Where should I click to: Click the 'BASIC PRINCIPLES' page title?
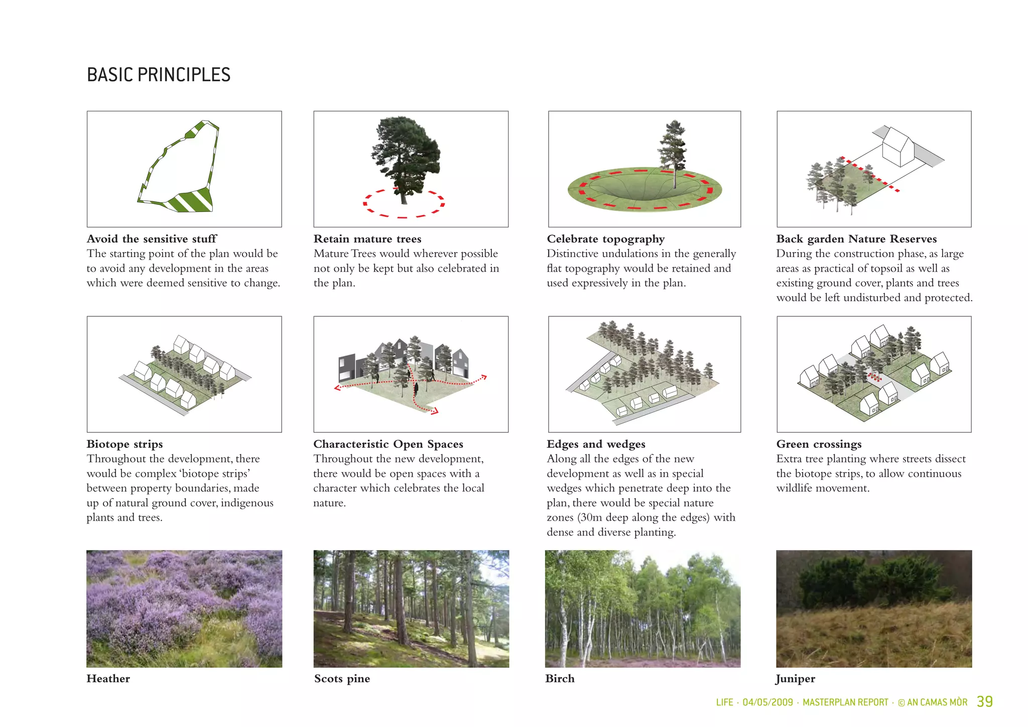point(159,75)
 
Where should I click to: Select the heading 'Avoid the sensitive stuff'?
point(152,239)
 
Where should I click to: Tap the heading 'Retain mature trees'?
point(367,239)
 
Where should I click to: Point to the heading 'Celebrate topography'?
point(605,239)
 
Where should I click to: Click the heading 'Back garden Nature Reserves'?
point(856,239)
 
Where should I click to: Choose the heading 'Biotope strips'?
point(124,444)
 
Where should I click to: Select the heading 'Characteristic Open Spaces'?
point(388,444)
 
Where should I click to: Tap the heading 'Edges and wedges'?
point(596,444)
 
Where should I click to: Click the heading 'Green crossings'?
point(819,444)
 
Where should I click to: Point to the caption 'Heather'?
point(108,679)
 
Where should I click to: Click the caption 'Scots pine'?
point(342,679)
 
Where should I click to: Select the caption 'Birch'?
point(560,679)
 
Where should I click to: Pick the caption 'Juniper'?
point(795,679)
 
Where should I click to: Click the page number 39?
point(984,701)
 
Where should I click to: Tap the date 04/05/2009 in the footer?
point(767,702)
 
